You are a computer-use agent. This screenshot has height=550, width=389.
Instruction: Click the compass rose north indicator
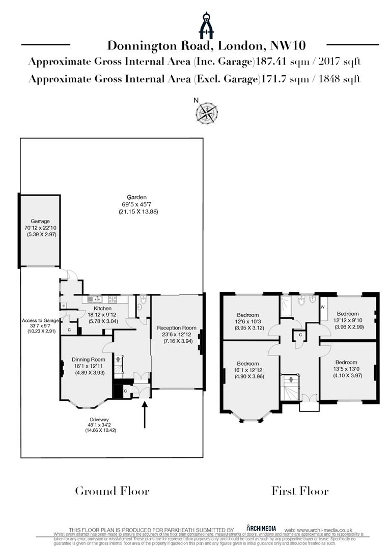click(x=206, y=112)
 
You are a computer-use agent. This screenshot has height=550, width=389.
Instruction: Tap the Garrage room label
click(x=40, y=221)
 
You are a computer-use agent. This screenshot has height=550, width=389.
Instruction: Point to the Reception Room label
click(x=176, y=327)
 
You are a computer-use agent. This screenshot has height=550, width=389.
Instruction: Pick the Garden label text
click(x=137, y=197)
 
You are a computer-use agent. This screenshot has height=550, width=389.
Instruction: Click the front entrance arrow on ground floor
click(x=145, y=414)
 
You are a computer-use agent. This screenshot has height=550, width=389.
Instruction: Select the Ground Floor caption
click(x=112, y=491)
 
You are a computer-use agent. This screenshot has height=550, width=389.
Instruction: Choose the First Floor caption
click(x=299, y=491)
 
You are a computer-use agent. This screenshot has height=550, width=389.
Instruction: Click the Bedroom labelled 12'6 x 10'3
click(x=248, y=315)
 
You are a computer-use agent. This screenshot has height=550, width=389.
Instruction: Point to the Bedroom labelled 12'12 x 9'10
click(x=347, y=313)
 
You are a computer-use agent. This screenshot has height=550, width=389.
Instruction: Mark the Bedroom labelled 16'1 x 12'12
click(x=248, y=363)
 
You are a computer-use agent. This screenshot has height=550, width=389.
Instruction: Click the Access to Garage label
click(x=40, y=320)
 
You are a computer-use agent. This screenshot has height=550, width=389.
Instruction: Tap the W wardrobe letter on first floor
click(x=323, y=307)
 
